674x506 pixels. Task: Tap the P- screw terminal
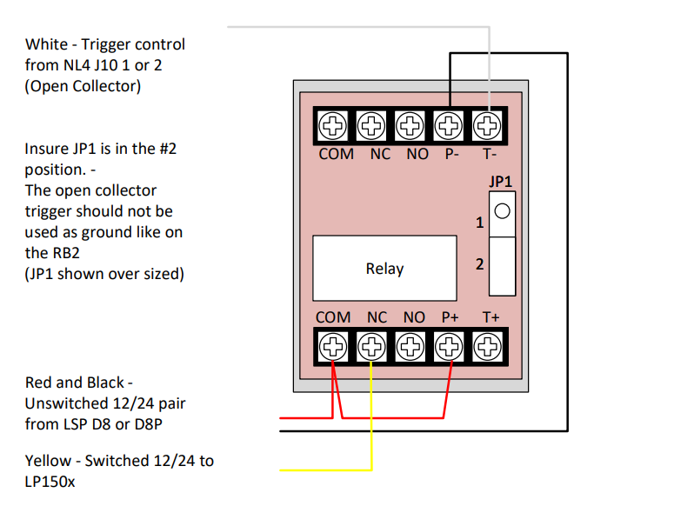click(x=449, y=125)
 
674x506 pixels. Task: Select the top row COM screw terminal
click(x=333, y=125)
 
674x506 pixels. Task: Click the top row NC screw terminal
click(x=372, y=125)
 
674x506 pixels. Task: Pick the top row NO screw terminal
click(x=410, y=125)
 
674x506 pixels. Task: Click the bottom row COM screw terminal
click(x=333, y=348)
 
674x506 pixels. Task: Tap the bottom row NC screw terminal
click(x=372, y=348)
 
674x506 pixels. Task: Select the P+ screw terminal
click(x=449, y=348)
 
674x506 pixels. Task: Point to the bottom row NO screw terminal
click(x=410, y=348)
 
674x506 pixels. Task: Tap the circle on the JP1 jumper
click(x=502, y=211)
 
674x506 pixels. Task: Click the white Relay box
click(x=384, y=268)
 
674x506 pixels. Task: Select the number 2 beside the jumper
click(x=479, y=264)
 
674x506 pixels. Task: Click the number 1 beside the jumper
click(x=479, y=223)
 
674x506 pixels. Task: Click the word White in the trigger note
click(x=46, y=44)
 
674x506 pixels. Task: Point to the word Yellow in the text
click(x=48, y=461)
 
